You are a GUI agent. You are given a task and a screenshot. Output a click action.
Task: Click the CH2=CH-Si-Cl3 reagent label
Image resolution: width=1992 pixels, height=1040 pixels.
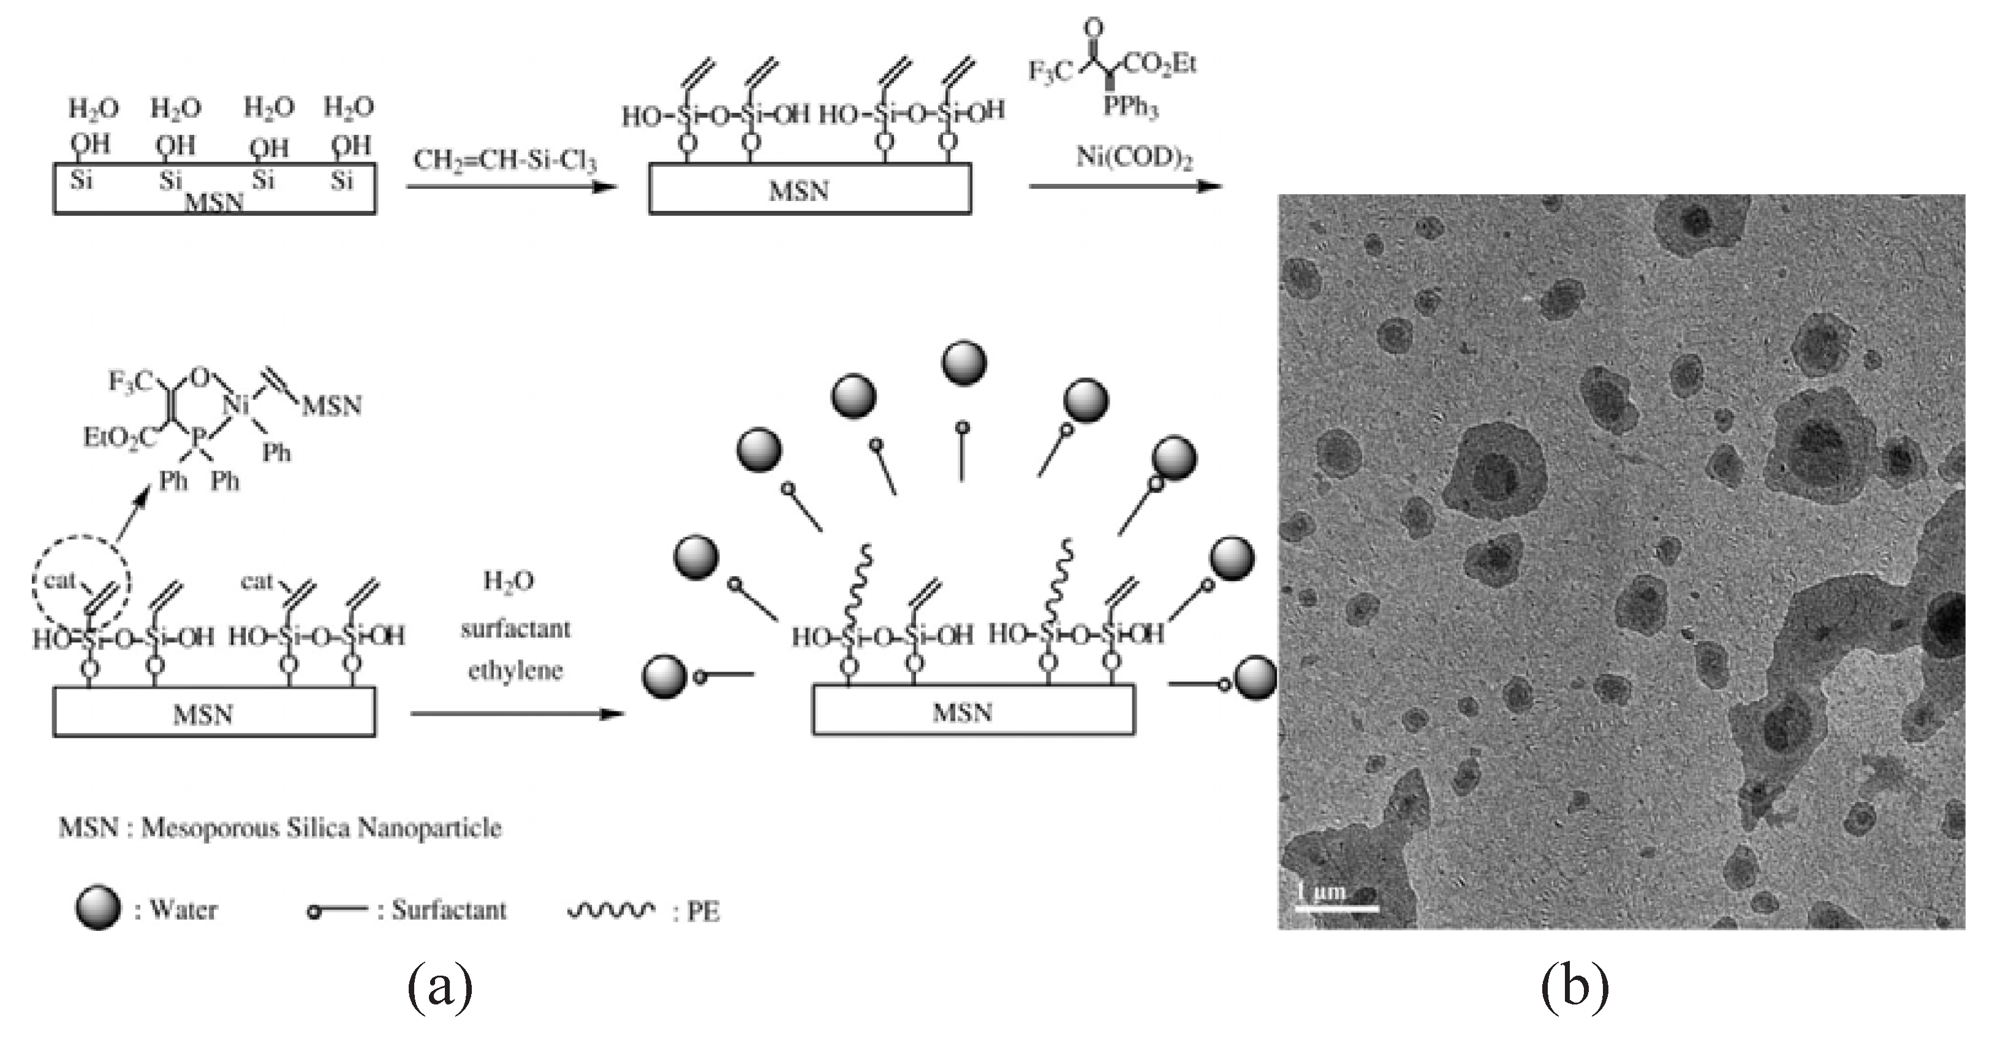[505, 161]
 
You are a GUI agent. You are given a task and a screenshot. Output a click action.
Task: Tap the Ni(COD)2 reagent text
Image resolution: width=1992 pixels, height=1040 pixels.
[1134, 158]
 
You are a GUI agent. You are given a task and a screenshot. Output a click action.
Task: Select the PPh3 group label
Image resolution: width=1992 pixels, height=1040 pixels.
[1130, 107]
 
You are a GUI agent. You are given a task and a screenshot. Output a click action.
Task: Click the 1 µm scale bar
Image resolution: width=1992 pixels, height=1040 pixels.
[1336, 907]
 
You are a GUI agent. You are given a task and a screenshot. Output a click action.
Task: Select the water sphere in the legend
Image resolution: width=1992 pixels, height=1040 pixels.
[98, 908]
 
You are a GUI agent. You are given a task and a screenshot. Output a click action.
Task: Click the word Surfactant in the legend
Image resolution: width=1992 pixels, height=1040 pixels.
[449, 910]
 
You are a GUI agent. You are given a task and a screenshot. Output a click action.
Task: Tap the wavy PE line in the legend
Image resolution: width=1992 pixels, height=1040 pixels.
[611, 910]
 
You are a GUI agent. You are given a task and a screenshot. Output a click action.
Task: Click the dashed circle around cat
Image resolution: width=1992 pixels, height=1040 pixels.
[81, 581]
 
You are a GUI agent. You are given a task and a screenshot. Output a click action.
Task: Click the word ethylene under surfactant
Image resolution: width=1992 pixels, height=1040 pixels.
[516, 670]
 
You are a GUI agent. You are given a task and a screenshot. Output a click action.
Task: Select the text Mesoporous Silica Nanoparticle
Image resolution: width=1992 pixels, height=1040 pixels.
[321, 828]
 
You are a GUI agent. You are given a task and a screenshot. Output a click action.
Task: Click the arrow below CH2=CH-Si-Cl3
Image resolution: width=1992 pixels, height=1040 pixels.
[511, 186]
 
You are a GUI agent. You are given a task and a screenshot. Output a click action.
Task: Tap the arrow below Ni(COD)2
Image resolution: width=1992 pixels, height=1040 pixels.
[1125, 186]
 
